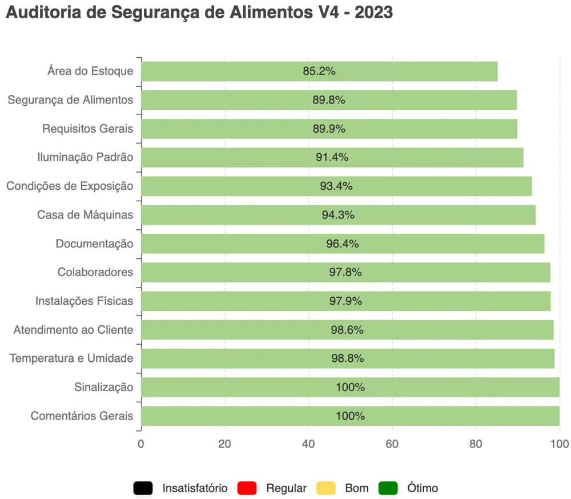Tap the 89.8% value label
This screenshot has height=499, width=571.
point(329,100)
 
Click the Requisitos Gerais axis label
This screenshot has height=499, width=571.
point(87,129)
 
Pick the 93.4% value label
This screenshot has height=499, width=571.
point(336,186)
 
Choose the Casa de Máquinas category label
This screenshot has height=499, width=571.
point(85,215)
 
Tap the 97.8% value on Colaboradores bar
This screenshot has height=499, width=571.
point(345,272)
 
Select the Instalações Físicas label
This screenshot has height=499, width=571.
point(84,301)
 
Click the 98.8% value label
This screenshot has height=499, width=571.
point(348,358)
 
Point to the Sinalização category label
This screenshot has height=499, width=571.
point(103,387)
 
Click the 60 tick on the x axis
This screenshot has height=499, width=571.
point(392,444)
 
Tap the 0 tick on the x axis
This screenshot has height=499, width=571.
point(141,444)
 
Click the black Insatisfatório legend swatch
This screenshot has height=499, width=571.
point(143,488)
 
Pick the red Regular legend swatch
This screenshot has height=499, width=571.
point(247,488)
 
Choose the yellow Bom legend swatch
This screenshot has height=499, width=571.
point(325,488)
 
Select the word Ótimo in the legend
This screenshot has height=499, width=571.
point(423,488)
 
